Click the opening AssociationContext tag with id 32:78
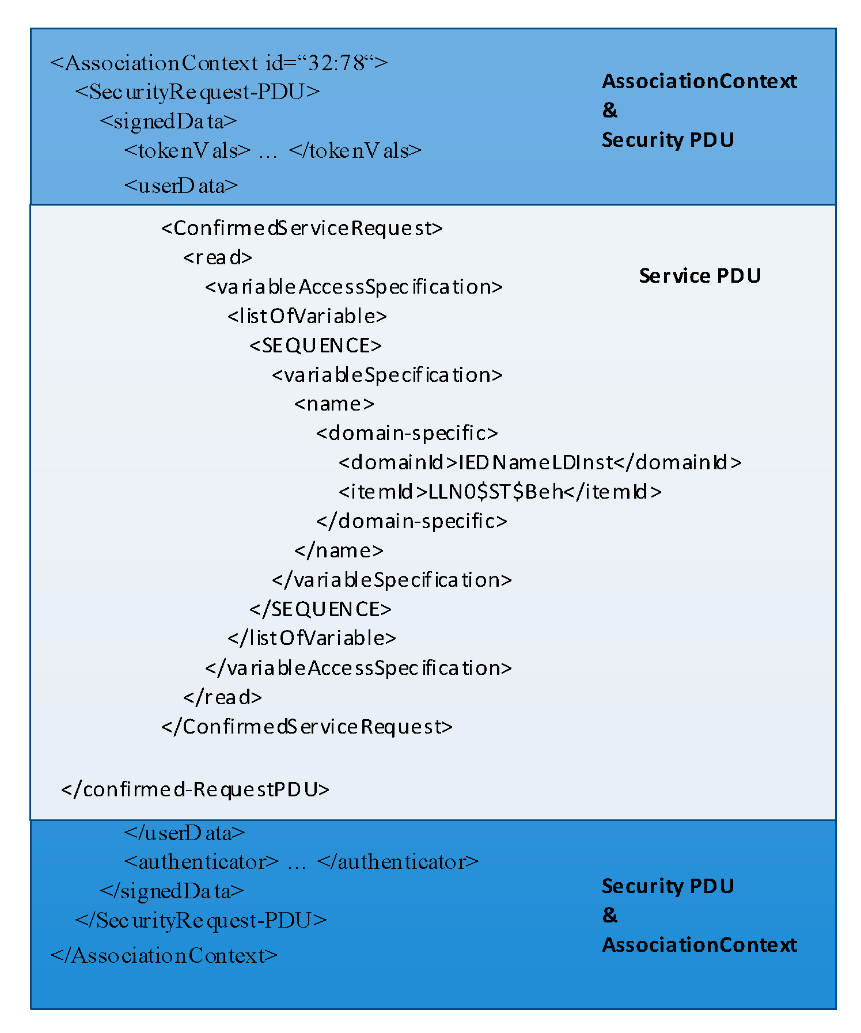219,63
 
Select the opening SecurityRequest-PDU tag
197,92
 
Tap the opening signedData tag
168,121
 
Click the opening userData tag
181,186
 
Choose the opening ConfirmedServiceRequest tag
302,229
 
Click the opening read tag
218,257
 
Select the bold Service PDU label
700,276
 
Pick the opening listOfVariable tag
307,316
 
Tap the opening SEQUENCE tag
316,345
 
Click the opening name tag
334,404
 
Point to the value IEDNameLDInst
536,462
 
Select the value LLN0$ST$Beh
496,492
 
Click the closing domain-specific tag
412,521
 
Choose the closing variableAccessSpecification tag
358,668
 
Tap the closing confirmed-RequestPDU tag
195,789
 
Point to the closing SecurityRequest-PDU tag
201,921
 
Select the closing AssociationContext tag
164,956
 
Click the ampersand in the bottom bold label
609,915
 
